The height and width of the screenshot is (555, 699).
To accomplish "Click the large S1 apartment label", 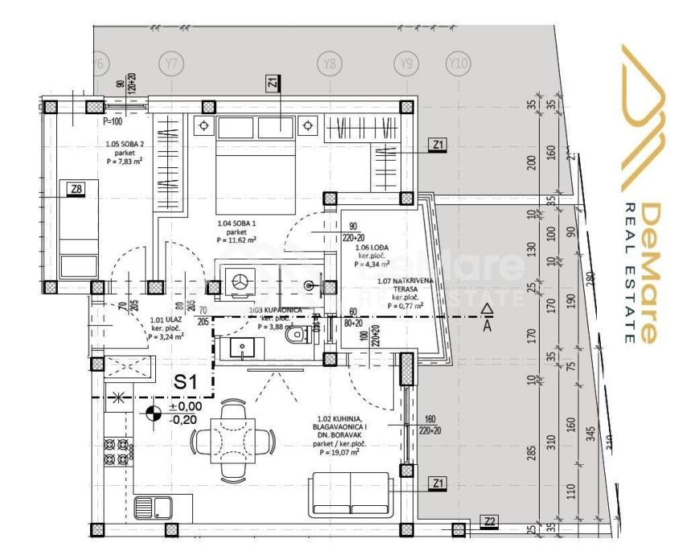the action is point(186,383).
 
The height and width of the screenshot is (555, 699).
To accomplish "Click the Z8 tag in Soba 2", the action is point(76,189).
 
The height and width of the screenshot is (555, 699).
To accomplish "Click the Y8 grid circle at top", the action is point(328,63).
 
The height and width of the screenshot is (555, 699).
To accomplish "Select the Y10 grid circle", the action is point(458,63).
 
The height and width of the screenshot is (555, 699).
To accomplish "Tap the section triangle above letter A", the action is point(486,308).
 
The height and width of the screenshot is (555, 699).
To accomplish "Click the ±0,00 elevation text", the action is point(184,406).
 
